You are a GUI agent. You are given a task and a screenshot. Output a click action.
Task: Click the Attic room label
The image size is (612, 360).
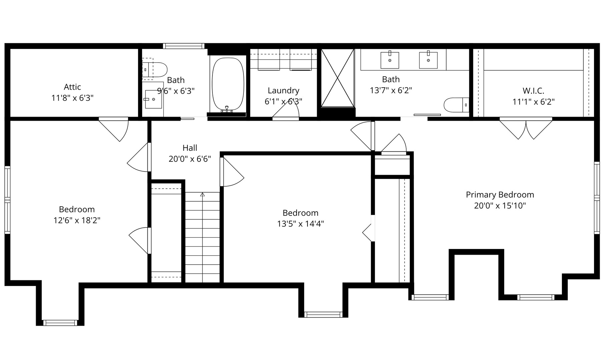click(72, 87)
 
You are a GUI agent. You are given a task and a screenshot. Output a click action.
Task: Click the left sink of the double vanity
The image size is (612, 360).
click(390, 60)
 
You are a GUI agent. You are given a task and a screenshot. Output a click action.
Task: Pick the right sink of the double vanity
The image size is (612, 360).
click(428, 60)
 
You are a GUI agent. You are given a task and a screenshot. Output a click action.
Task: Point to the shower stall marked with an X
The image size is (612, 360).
click(338, 78)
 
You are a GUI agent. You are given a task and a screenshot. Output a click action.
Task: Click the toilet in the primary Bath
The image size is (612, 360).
click(456, 105)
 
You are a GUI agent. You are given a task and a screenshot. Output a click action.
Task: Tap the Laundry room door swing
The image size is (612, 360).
click(286, 109)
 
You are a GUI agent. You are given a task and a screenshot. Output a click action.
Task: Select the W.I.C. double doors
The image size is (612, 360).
click(526, 128)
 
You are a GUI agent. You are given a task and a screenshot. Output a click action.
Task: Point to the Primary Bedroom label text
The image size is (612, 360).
click(500, 195)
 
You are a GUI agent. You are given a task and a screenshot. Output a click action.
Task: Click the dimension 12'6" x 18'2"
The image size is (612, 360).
click(77, 220)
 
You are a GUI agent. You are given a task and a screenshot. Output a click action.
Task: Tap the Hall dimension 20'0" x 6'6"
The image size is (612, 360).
click(190, 159)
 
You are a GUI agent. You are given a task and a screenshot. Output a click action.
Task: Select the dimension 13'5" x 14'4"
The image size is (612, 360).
click(300, 224)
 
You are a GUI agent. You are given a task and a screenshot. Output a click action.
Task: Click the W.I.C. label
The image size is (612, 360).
click(533, 91)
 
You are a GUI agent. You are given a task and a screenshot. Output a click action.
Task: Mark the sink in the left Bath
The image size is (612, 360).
click(153, 99)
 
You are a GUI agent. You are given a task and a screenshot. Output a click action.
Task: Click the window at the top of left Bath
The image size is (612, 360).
click(183, 46)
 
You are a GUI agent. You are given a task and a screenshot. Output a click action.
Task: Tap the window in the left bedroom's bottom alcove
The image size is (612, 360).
click(60, 323)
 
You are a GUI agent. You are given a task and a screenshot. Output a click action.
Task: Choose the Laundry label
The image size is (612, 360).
click(283, 91)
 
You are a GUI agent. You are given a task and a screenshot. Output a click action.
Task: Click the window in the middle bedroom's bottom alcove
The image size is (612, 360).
click(323, 314)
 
